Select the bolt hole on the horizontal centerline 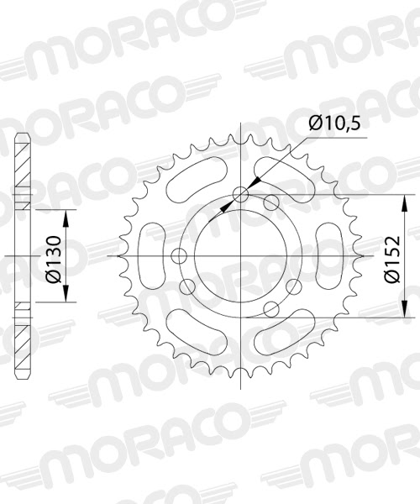coord(177,256)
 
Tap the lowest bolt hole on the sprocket coord(270,310)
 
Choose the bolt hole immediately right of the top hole coord(270,202)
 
